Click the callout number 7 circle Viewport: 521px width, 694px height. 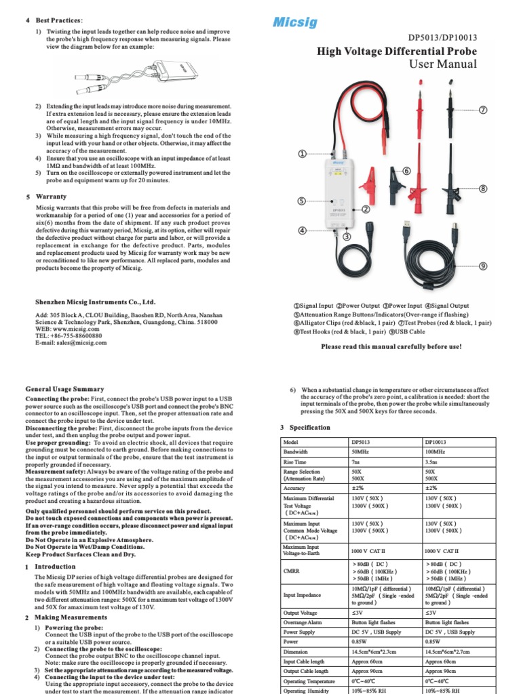click(484, 110)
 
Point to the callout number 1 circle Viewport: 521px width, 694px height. click(302, 155)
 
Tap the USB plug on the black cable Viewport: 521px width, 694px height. click(406, 224)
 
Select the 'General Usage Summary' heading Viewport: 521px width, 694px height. click(64, 389)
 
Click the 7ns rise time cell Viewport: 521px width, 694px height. click(357, 462)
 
